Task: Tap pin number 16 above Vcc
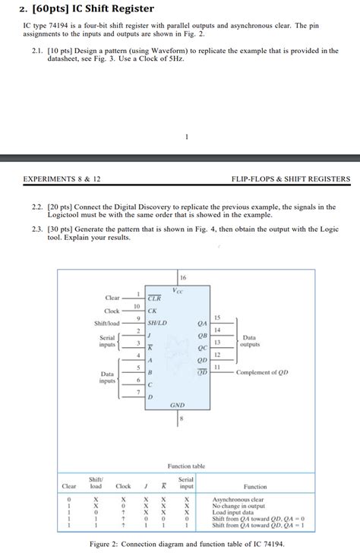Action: point(182,279)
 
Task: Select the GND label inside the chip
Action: point(177,405)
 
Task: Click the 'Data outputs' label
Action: point(249,341)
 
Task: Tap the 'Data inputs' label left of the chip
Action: point(107,377)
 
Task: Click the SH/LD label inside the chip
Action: point(157,323)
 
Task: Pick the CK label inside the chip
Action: point(152,310)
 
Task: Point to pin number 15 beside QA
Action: point(216,317)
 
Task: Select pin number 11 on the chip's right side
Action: point(216,367)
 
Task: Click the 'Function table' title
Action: point(186,466)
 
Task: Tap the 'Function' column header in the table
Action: point(254,486)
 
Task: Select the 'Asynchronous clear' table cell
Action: point(238,500)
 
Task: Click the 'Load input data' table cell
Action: point(233,512)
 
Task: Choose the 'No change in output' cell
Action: point(238,506)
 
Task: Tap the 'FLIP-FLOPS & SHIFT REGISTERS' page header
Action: point(291,179)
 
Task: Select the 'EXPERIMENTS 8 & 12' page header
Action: point(62,179)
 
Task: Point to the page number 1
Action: point(186,137)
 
